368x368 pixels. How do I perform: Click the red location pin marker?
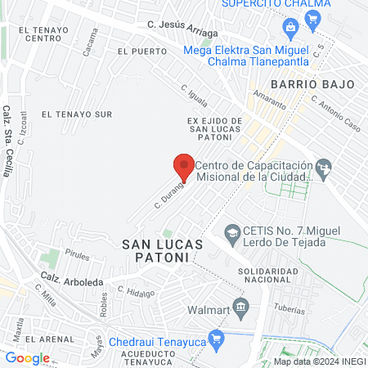pyautogui.click(x=184, y=167)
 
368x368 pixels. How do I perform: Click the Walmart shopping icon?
pyautogui.click(x=240, y=307)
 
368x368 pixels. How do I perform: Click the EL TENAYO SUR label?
pyautogui.click(x=77, y=114)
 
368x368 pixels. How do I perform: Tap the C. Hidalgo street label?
pyautogui.click(x=136, y=290)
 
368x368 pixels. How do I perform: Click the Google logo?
pyautogui.click(x=27, y=357)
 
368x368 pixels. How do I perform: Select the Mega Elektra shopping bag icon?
pyautogui.click(x=289, y=28)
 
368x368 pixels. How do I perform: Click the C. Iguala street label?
pyautogui.click(x=197, y=101)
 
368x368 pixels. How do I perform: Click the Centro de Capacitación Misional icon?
pyautogui.click(x=325, y=168)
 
